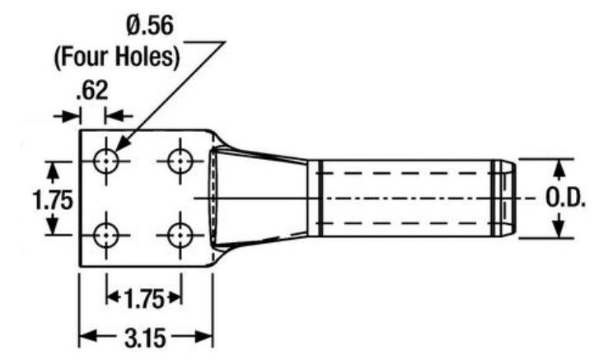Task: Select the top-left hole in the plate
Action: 106,161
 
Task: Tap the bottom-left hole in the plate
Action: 106,236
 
